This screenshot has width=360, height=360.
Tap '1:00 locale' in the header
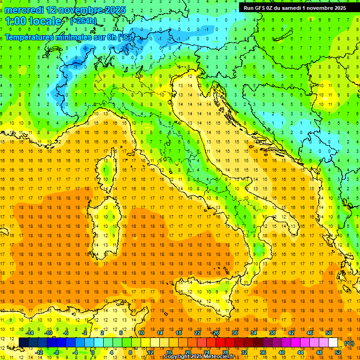click(33, 21)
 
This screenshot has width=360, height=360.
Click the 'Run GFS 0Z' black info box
click(295, 7)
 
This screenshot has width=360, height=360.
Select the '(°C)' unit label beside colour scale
click(349, 343)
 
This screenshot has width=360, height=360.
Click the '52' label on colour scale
click(338, 352)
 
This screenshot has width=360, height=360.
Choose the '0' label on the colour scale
click(93, 352)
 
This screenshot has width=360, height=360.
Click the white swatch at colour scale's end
click(333, 343)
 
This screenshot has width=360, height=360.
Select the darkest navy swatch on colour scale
click(23, 343)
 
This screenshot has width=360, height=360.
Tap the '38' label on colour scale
click(272, 333)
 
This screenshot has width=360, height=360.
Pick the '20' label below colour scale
click(187, 352)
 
